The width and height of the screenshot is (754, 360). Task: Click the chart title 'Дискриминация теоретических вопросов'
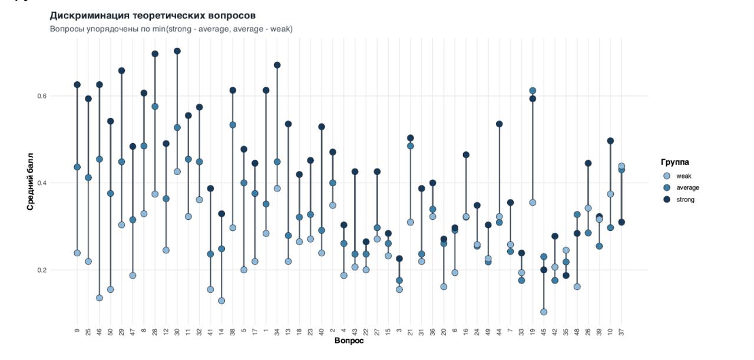[153, 15]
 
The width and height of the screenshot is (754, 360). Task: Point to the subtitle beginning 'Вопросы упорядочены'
[171, 29]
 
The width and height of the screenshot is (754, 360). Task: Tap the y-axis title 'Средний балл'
[30, 181]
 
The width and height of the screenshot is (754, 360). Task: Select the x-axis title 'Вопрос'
[349, 341]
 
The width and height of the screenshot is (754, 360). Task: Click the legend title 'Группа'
[674, 162]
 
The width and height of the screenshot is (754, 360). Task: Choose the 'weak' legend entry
[683, 176]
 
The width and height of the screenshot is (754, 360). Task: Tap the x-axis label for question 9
[77, 331]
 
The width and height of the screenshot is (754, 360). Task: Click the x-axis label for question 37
[621, 331]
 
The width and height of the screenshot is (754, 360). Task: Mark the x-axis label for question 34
[277, 331]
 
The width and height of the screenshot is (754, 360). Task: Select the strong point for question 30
[177, 51]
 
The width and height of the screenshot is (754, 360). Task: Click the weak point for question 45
[544, 312]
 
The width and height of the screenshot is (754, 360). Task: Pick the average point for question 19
[533, 91]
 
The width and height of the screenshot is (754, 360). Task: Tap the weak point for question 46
[100, 298]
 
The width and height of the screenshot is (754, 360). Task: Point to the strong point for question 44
[500, 124]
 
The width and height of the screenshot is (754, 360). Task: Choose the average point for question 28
[155, 107]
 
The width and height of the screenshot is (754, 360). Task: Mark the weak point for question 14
[221, 300]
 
